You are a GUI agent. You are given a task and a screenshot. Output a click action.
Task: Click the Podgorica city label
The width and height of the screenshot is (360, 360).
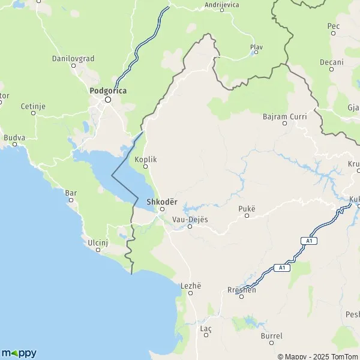click(107, 91)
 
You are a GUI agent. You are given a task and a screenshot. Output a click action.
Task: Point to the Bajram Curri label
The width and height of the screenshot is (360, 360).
click(285, 116)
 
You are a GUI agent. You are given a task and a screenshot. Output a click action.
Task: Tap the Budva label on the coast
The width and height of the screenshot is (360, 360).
click(14, 137)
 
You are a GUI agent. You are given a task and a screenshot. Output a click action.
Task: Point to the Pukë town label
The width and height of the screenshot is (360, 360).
click(247, 208)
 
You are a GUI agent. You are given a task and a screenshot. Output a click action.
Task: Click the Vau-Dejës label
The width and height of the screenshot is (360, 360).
click(190, 219)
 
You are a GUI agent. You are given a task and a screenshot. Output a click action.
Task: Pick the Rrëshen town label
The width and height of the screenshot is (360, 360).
click(242, 290)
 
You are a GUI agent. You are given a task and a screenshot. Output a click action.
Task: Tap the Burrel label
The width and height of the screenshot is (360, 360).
click(271, 336)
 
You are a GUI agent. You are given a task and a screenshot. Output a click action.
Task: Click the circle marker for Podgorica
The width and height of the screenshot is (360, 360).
click(108, 100)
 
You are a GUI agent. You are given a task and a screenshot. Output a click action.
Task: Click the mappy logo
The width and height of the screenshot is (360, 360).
click(19, 353)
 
